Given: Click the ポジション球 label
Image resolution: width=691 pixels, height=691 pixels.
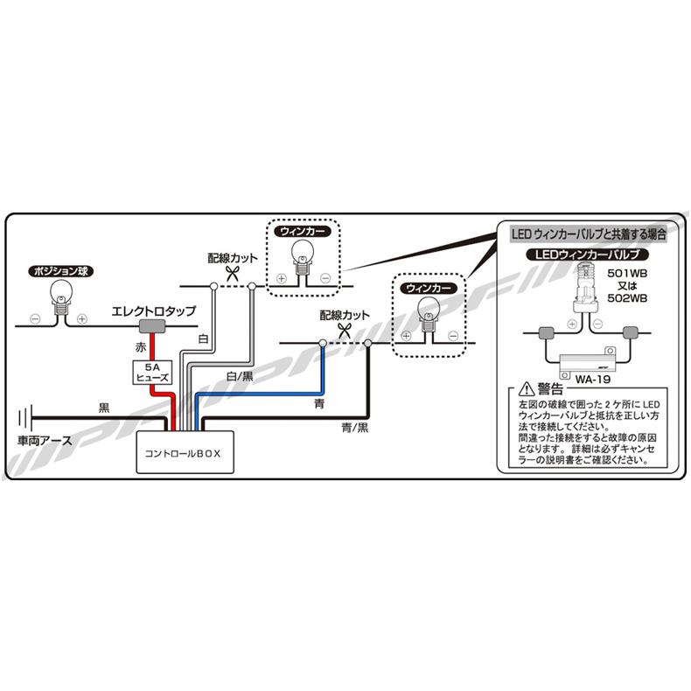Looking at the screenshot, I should (x=59, y=270).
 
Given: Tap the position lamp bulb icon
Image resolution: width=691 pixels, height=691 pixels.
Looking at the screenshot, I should (x=60, y=294).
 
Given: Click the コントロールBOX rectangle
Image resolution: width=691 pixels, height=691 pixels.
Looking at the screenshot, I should (x=184, y=453).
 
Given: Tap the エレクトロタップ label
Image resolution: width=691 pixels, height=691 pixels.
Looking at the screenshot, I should (x=152, y=311).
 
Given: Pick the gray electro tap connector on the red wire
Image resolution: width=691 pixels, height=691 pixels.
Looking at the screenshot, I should (x=152, y=326).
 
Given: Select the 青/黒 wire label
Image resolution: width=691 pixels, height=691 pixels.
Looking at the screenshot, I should (x=355, y=428).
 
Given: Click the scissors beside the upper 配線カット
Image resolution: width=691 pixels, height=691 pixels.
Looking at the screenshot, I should (x=232, y=272).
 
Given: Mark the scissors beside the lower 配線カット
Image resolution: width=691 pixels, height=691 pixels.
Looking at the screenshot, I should (x=345, y=330).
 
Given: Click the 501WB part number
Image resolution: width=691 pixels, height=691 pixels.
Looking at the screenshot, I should (x=627, y=273).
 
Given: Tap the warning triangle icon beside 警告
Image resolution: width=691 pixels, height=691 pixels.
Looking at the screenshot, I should (x=525, y=389).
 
